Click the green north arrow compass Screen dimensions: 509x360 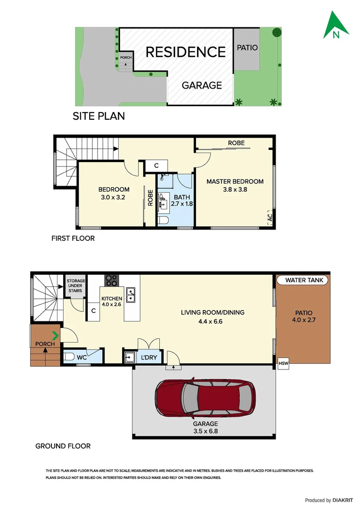[336, 26]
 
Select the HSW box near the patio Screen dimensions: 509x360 [283, 363]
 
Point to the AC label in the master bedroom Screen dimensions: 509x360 [270, 218]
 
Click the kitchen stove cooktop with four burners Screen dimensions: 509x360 [111, 280]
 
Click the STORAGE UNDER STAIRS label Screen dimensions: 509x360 [75, 286]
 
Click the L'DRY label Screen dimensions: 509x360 [149, 358]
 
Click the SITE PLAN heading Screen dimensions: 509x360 [98, 116]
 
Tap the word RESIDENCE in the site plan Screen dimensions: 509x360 [186, 52]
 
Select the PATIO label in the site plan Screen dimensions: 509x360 [247, 48]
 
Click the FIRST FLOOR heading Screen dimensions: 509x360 [73, 238]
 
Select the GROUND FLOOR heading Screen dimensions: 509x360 [63, 446]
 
